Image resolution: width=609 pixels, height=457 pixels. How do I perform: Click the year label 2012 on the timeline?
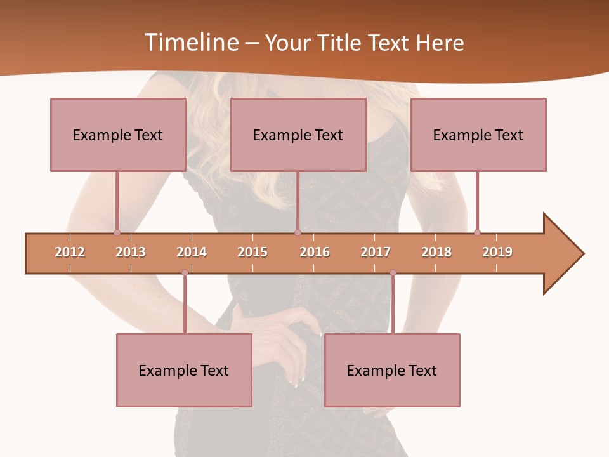coord(70,252)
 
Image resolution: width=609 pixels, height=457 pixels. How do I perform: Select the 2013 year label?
coord(131,252)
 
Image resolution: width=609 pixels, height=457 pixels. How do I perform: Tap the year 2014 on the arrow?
coord(192,252)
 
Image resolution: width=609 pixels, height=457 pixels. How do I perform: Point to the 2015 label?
coord(252,252)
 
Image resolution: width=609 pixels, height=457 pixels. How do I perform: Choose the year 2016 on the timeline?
coord(315,252)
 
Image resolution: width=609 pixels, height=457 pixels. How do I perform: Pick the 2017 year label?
coord(376,252)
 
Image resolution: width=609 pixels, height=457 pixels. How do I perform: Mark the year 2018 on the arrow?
coord(436,252)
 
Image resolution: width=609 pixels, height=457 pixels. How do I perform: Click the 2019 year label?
coord(497,252)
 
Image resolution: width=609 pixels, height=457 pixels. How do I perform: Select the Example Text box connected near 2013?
coord(118,135)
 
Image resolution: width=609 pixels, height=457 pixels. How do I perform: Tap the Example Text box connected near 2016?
coord(298,135)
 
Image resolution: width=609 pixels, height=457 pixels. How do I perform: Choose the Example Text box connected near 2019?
coord(478,135)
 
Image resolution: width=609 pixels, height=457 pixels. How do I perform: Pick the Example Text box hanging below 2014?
coord(184,370)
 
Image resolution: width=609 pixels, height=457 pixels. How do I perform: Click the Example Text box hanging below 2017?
coord(392,370)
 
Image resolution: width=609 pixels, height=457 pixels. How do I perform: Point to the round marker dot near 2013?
coord(117,232)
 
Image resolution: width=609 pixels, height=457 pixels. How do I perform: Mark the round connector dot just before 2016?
coord(298,232)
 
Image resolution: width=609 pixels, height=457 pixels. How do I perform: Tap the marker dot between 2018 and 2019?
coord(477,232)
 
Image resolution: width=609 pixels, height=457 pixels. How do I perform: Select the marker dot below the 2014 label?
coord(185,273)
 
